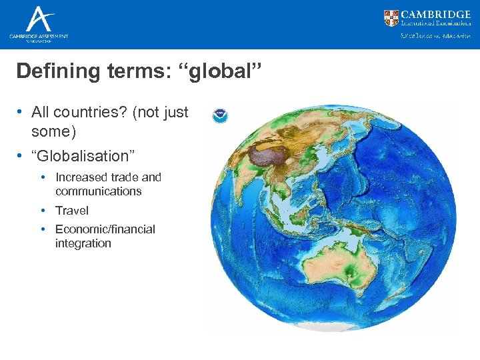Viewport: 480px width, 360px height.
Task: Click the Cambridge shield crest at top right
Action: click(x=392, y=18)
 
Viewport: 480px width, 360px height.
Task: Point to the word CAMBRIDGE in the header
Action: click(x=436, y=14)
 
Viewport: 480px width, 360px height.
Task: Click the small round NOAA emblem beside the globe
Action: click(x=219, y=116)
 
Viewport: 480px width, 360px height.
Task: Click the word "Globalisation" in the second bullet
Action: click(x=85, y=156)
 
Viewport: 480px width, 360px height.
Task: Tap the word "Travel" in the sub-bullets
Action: click(x=72, y=210)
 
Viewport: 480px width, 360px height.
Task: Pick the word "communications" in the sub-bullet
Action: click(x=99, y=191)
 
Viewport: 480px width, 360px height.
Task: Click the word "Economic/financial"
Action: click(x=105, y=229)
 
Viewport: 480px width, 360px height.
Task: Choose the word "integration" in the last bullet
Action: click(x=83, y=243)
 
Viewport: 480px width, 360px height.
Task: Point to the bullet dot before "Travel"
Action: click(x=43, y=210)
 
